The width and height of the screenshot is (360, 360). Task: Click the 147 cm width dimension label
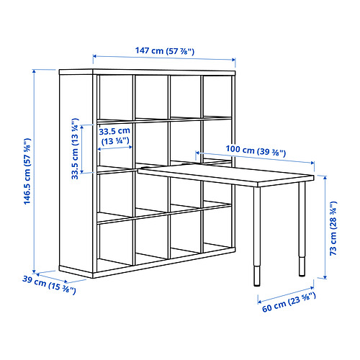(165, 51)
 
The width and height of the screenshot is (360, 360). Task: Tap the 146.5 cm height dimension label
(27, 171)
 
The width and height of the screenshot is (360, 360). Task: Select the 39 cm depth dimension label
(49, 285)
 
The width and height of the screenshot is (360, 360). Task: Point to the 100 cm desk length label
(256, 150)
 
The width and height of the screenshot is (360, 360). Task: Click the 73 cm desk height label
(333, 228)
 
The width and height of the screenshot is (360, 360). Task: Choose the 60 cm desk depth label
(289, 302)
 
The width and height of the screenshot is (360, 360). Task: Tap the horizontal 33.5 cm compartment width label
(114, 136)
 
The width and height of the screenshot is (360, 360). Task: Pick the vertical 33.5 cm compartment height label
(75, 149)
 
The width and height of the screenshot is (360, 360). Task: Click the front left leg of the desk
(257, 236)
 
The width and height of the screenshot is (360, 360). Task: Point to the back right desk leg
(302, 229)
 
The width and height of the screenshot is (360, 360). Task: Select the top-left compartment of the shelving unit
(116, 97)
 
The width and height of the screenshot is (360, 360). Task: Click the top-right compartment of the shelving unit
(217, 96)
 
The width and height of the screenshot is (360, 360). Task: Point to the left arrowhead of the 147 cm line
(94, 56)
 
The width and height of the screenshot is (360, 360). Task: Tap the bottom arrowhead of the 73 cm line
(325, 277)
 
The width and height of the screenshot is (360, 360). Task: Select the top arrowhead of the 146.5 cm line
(35, 71)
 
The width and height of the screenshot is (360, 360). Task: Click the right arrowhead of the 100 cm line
(312, 163)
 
